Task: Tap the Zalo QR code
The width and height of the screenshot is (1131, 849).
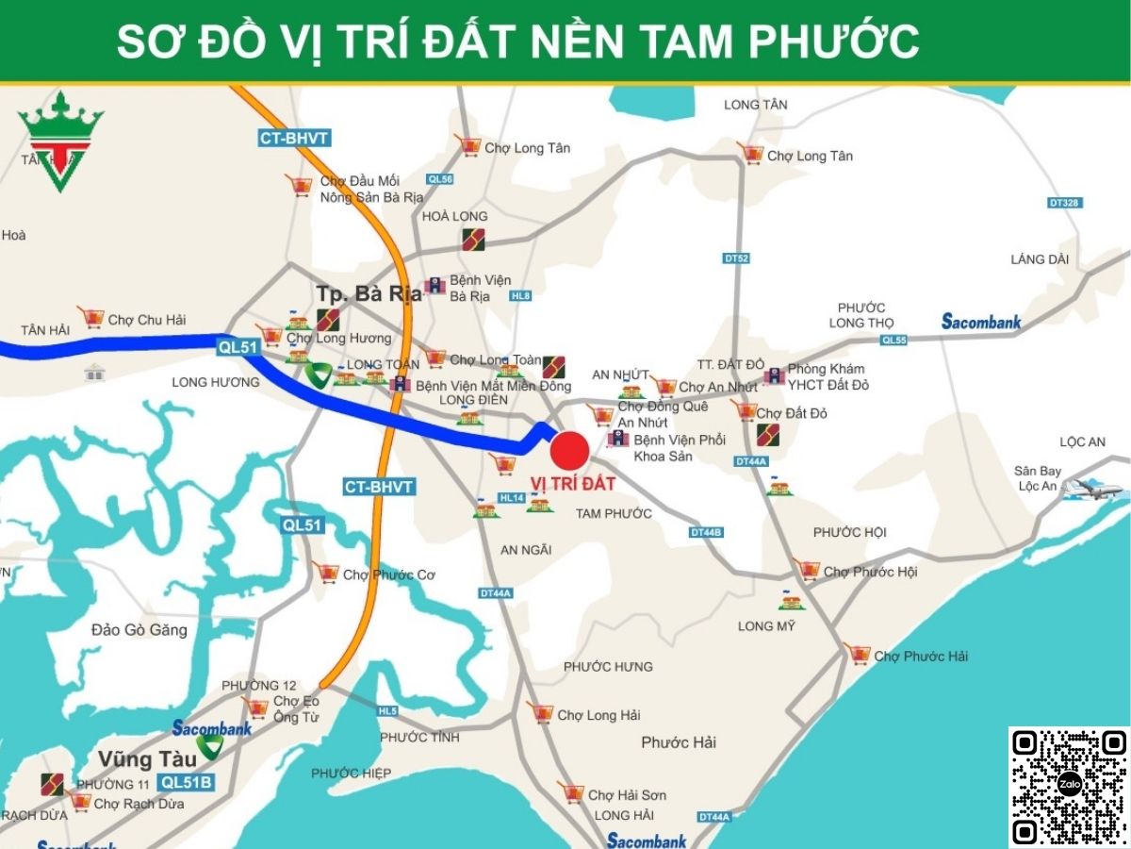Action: click(x=1069, y=786)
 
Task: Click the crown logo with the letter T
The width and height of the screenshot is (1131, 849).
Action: click(x=60, y=141)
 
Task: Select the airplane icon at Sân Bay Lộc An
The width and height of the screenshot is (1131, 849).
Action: click(x=1093, y=490)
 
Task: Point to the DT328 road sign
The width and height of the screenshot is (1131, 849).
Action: click(x=1064, y=203)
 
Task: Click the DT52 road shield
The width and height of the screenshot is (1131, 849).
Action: click(x=736, y=258)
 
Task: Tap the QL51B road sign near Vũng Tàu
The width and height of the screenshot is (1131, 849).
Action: click(x=188, y=782)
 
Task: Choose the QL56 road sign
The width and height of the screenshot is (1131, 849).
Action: click(x=440, y=178)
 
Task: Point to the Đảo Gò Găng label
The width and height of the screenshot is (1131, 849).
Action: click(x=139, y=629)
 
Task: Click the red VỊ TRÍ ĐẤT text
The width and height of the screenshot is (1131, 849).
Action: click(x=573, y=484)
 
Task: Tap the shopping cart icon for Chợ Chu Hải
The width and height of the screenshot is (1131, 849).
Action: click(x=91, y=318)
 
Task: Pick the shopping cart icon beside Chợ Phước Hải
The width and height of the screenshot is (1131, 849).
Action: click(x=858, y=654)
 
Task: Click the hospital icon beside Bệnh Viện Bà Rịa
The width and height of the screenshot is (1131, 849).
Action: click(x=434, y=286)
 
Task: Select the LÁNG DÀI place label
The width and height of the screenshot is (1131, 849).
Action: click(x=1040, y=259)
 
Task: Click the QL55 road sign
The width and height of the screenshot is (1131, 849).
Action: click(x=893, y=340)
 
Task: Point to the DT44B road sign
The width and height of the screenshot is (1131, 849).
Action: click(x=706, y=532)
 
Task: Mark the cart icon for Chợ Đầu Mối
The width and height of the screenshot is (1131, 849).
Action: click(x=300, y=185)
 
